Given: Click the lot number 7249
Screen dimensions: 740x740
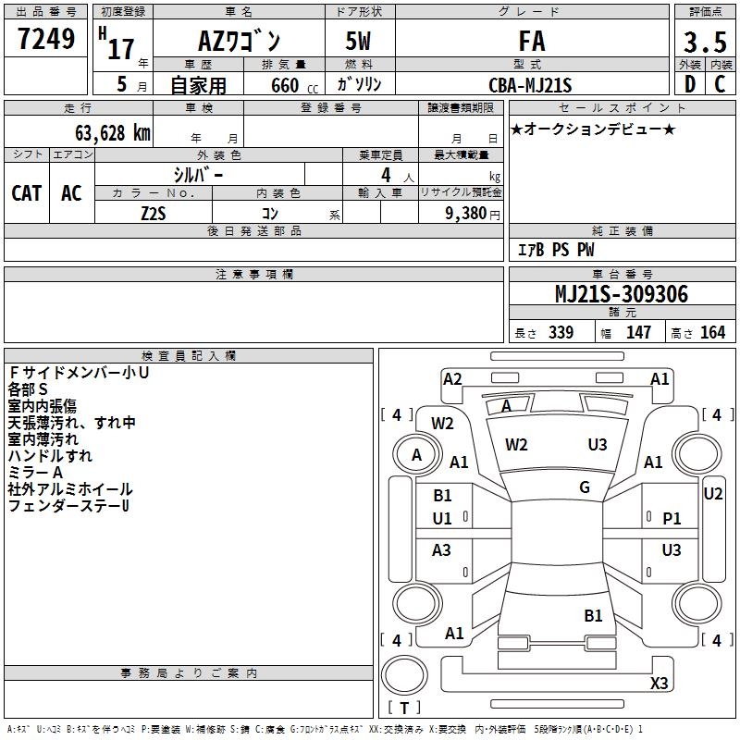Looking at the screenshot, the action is (x=46, y=39).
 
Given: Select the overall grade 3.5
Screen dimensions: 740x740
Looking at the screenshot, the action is (x=705, y=42).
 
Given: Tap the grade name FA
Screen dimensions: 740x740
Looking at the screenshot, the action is (x=532, y=41).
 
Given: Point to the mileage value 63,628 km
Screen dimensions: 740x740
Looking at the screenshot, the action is (x=113, y=133).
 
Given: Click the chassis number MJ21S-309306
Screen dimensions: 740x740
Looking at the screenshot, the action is (x=622, y=294).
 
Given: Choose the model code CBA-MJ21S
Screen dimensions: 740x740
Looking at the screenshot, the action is (x=530, y=85).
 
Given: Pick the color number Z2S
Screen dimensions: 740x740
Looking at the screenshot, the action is (x=154, y=214).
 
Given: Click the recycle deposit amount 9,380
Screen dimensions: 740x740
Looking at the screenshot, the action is (x=466, y=214).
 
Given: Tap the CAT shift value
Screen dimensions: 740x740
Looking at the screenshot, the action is (x=27, y=193).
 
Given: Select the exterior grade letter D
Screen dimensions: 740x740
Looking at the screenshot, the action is (x=690, y=84).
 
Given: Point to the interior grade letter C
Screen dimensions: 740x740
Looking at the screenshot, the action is (x=720, y=84).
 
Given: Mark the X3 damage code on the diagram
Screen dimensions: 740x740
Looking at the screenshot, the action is (x=659, y=684).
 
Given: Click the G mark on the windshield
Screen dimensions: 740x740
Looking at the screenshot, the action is (x=585, y=487).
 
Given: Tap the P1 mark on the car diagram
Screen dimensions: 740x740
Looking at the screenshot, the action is (x=672, y=519).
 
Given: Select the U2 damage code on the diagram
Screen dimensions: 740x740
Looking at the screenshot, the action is (x=712, y=494).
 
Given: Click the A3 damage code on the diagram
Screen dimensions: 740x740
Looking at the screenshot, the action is (x=441, y=549).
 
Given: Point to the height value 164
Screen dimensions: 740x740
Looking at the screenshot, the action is (x=712, y=332).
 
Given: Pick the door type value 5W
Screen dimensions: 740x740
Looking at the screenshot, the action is (x=358, y=41).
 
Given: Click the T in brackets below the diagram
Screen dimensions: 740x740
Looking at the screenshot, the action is (x=404, y=708).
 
